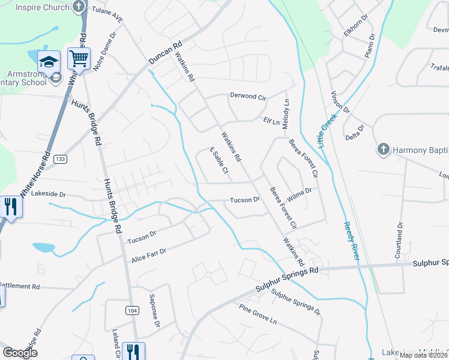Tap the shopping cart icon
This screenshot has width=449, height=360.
pos(79,59)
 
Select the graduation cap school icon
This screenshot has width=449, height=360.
pos(48,61)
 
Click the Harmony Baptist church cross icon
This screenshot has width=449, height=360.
pos(382,149)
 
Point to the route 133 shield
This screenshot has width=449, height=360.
pos(59,159)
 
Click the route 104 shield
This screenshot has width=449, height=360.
pos(132,310)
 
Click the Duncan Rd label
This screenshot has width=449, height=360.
pos(165,53)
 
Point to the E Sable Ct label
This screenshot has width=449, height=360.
pos(218,161)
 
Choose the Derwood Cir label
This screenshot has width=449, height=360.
pos(248,96)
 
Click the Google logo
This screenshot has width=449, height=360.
pos(20,353)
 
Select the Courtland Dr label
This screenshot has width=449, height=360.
pos(398,240)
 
